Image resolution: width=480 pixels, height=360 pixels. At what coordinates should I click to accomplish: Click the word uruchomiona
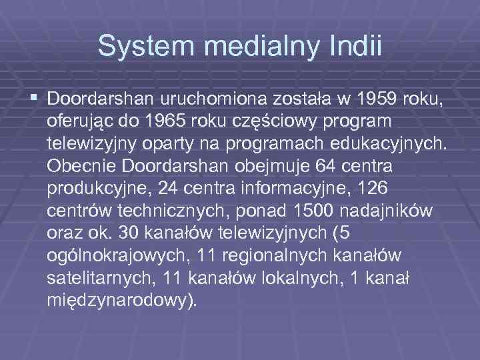pyautogui.click(x=213, y=100)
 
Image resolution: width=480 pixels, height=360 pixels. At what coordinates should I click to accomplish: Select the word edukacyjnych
pyautogui.click(x=385, y=143)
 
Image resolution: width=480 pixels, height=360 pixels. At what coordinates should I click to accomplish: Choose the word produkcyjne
pyautogui.click(x=98, y=187)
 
